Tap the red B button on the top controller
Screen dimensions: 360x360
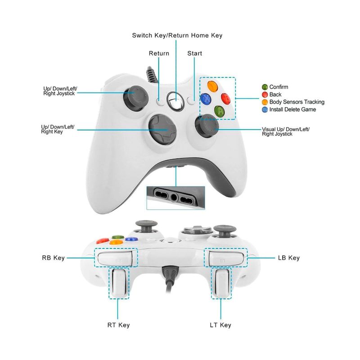226,98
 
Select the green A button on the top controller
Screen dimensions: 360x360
219,111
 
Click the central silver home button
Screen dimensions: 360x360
175,101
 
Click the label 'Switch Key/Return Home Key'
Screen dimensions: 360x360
177,35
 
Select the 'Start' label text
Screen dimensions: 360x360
195,54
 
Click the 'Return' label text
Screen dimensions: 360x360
159,54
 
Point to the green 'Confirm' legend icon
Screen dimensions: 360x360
265,87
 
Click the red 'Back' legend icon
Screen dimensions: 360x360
265,94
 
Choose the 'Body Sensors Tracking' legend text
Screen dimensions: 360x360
297,102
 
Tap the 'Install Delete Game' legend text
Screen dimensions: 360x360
292,110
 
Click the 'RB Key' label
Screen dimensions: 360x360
53,258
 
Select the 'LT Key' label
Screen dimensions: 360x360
220,325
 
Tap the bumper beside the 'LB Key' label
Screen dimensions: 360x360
227,259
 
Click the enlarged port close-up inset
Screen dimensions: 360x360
175,197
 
